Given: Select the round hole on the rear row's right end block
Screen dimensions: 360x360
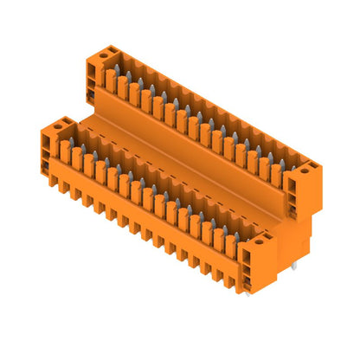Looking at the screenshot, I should tap(304, 170).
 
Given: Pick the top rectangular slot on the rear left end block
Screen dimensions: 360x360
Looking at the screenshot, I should tap(91, 72).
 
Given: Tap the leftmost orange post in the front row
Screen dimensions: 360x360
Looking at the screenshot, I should tap(65, 151).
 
